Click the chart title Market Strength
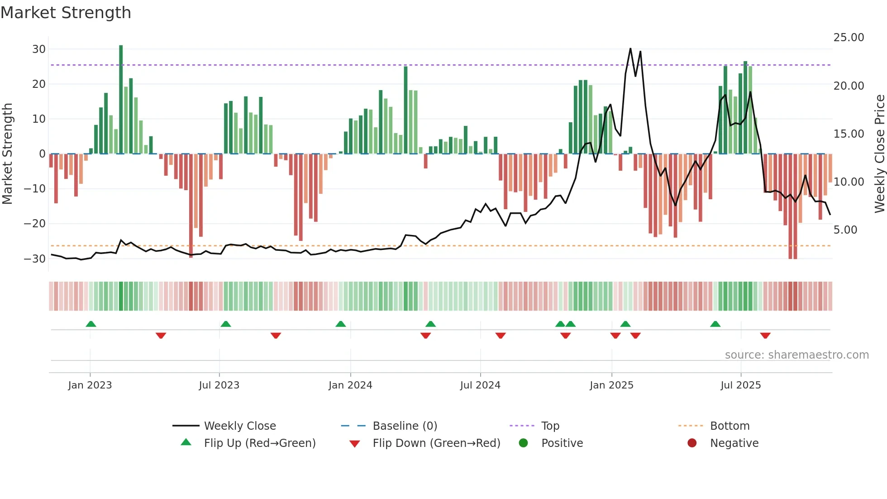(x=66, y=13)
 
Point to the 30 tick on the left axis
(x=39, y=49)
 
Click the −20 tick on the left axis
(x=35, y=223)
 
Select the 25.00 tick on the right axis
(x=849, y=38)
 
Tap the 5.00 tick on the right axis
(x=845, y=230)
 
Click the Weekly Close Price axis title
(x=879, y=154)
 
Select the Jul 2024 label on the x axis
(x=480, y=385)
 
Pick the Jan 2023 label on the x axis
(x=90, y=385)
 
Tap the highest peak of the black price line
(x=630, y=49)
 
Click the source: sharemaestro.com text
(x=796, y=355)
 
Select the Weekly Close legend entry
(x=239, y=426)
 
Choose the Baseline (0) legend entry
(x=405, y=426)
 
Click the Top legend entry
(x=550, y=426)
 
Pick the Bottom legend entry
(x=730, y=426)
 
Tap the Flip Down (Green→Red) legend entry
(x=436, y=443)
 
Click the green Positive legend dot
(x=524, y=443)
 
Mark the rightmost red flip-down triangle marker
(x=765, y=336)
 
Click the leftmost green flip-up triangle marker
(x=91, y=324)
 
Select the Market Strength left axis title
(x=8, y=154)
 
